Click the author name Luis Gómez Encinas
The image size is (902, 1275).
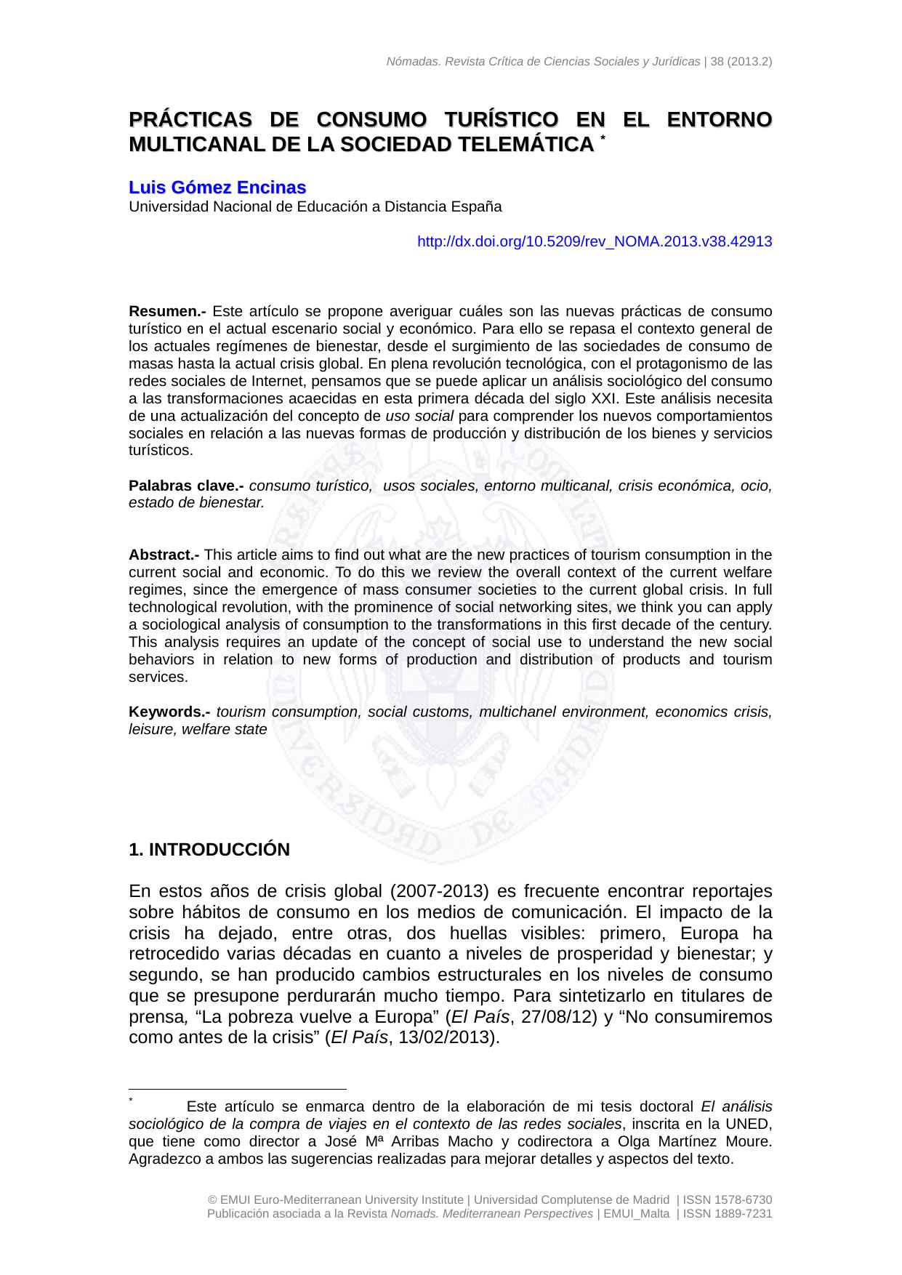(x=217, y=188)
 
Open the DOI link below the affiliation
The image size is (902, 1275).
(x=594, y=241)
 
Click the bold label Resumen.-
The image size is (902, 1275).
(x=167, y=311)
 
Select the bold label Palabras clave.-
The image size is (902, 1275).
(x=186, y=486)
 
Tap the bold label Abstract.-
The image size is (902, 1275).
(x=164, y=555)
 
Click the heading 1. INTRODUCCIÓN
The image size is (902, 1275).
(x=209, y=850)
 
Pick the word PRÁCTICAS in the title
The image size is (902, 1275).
(x=190, y=119)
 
